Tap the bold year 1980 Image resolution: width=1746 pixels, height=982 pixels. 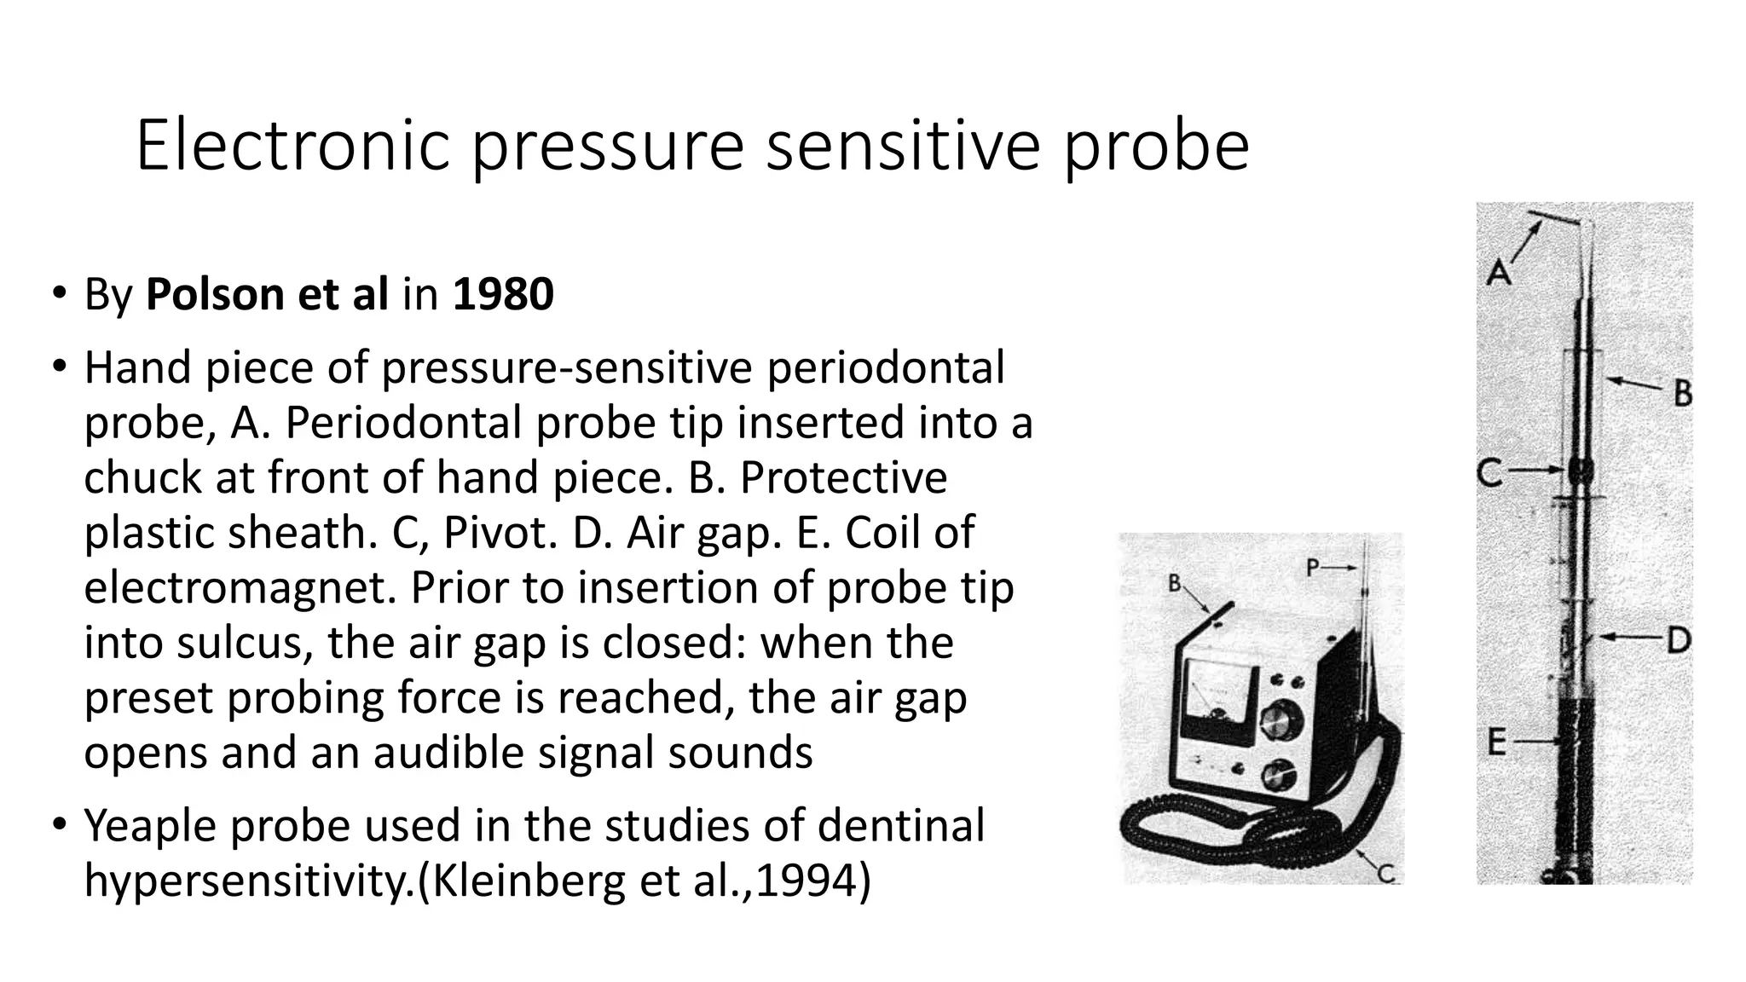[x=503, y=294]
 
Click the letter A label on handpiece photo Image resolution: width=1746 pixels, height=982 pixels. [x=1498, y=272]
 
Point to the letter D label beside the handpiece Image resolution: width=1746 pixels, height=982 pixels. [x=1678, y=640]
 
